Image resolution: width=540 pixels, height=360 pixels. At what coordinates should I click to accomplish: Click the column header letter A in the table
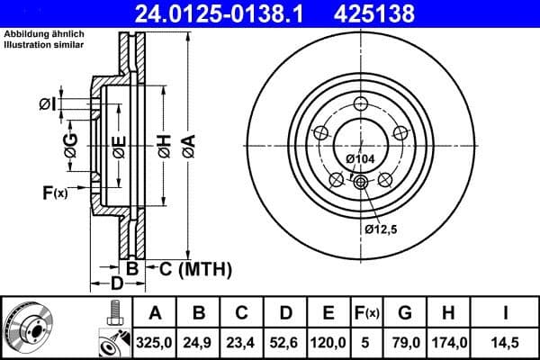pos(154,313)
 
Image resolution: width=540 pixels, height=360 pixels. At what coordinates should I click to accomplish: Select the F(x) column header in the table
pos(367,313)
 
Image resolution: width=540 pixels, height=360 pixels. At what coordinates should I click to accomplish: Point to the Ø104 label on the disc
pos(360,159)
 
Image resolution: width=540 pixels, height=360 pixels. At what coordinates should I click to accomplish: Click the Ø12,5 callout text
pos(382,229)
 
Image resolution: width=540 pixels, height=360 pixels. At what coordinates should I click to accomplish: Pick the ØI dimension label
pos(48,105)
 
